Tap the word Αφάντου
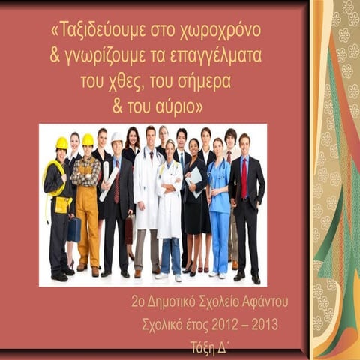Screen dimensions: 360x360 [x=262, y=302]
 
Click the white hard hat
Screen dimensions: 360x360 [x=116, y=138]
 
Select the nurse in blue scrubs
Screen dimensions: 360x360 [x=218, y=202]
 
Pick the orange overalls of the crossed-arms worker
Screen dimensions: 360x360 [x=88, y=217]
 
